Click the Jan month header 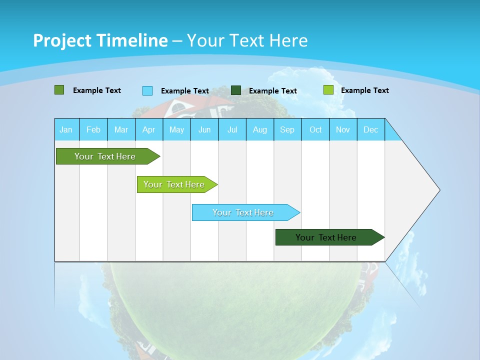click(66, 129)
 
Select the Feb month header click(93, 129)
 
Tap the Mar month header click(121, 129)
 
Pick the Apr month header click(149, 129)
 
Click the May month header click(176, 129)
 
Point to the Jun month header click(204, 129)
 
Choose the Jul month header click(232, 129)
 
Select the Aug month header click(260, 129)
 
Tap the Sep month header click(287, 129)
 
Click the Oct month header click(315, 129)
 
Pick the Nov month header click(343, 129)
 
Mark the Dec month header click(371, 129)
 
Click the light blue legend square click(147, 90)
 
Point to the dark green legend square click(236, 90)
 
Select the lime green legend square click(328, 90)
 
